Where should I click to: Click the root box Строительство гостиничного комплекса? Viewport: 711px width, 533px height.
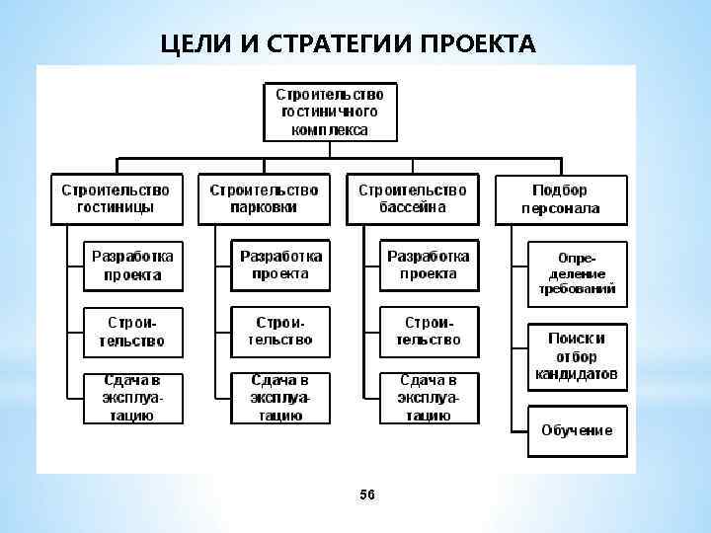click(330, 112)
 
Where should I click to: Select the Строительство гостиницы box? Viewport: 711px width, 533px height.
click(116, 198)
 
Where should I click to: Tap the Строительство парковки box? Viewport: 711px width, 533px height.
click(264, 198)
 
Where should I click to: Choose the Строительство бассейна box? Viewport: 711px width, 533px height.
click(412, 198)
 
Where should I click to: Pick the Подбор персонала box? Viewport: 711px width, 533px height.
click(560, 198)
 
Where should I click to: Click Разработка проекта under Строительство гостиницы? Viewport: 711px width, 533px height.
click(132, 265)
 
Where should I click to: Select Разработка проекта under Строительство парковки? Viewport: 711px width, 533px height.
click(280, 265)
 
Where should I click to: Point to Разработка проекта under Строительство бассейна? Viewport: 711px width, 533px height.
click(429, 265)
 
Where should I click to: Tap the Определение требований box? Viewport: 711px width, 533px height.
click(577, 268)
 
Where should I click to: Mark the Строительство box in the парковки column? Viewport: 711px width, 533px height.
click(280, 332)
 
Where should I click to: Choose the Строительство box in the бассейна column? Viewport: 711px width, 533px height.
click(429, 332)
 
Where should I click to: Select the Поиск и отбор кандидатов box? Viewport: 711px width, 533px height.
click(577, 356)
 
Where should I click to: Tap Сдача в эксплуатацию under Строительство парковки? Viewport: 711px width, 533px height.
click(280, 398)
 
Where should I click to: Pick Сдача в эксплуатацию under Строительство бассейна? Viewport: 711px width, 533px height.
click(429, 398)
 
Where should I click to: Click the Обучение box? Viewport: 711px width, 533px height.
click(577, 431)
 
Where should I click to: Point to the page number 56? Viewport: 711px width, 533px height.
click(367, 494)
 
